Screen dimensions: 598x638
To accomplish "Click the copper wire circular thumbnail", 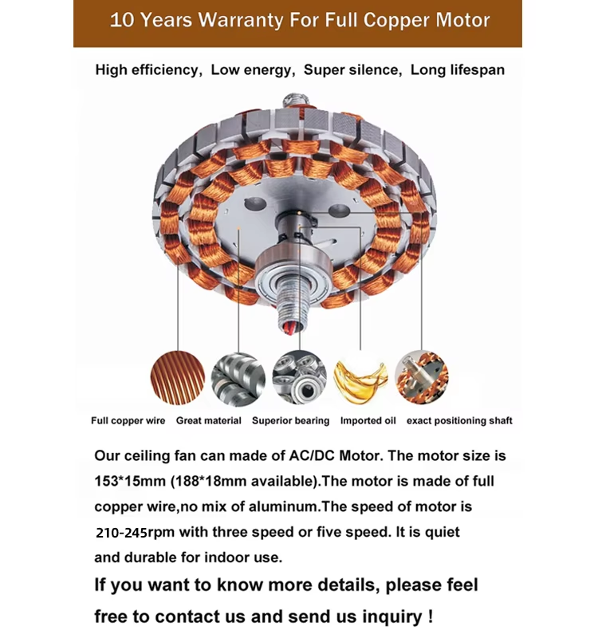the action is click(178, 378).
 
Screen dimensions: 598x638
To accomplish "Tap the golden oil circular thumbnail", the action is click(360, 378).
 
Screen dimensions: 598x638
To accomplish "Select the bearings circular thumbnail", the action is click(299, 378).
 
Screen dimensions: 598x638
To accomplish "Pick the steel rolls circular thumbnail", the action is click(238, 379).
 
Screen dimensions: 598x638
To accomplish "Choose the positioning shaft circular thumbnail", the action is click(422, 377).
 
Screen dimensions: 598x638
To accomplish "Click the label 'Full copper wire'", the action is click(128, 421).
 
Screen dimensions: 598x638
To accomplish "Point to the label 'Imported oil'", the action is click(368, 421).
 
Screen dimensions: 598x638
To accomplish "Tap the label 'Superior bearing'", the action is click(290, 421).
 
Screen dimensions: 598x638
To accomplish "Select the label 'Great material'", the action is click(208, 421).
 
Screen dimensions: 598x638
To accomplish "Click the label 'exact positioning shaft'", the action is click(459, 421).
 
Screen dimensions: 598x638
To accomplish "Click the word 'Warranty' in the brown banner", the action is click(240, 20).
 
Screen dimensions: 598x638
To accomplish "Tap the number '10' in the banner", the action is click(122, 20).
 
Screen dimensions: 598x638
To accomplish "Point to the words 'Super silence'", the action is click(352, 70).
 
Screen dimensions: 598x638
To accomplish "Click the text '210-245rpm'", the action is click(121, 533).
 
